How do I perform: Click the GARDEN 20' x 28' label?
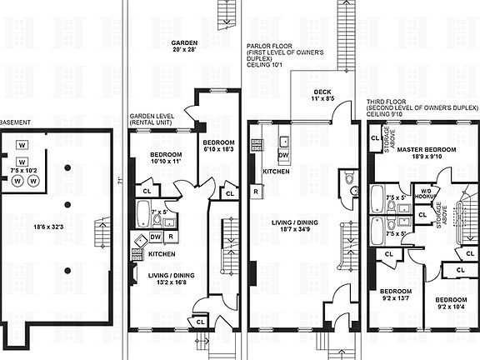[184, 47]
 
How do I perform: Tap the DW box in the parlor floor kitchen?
[282, 155]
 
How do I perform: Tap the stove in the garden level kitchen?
[137, 242]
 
